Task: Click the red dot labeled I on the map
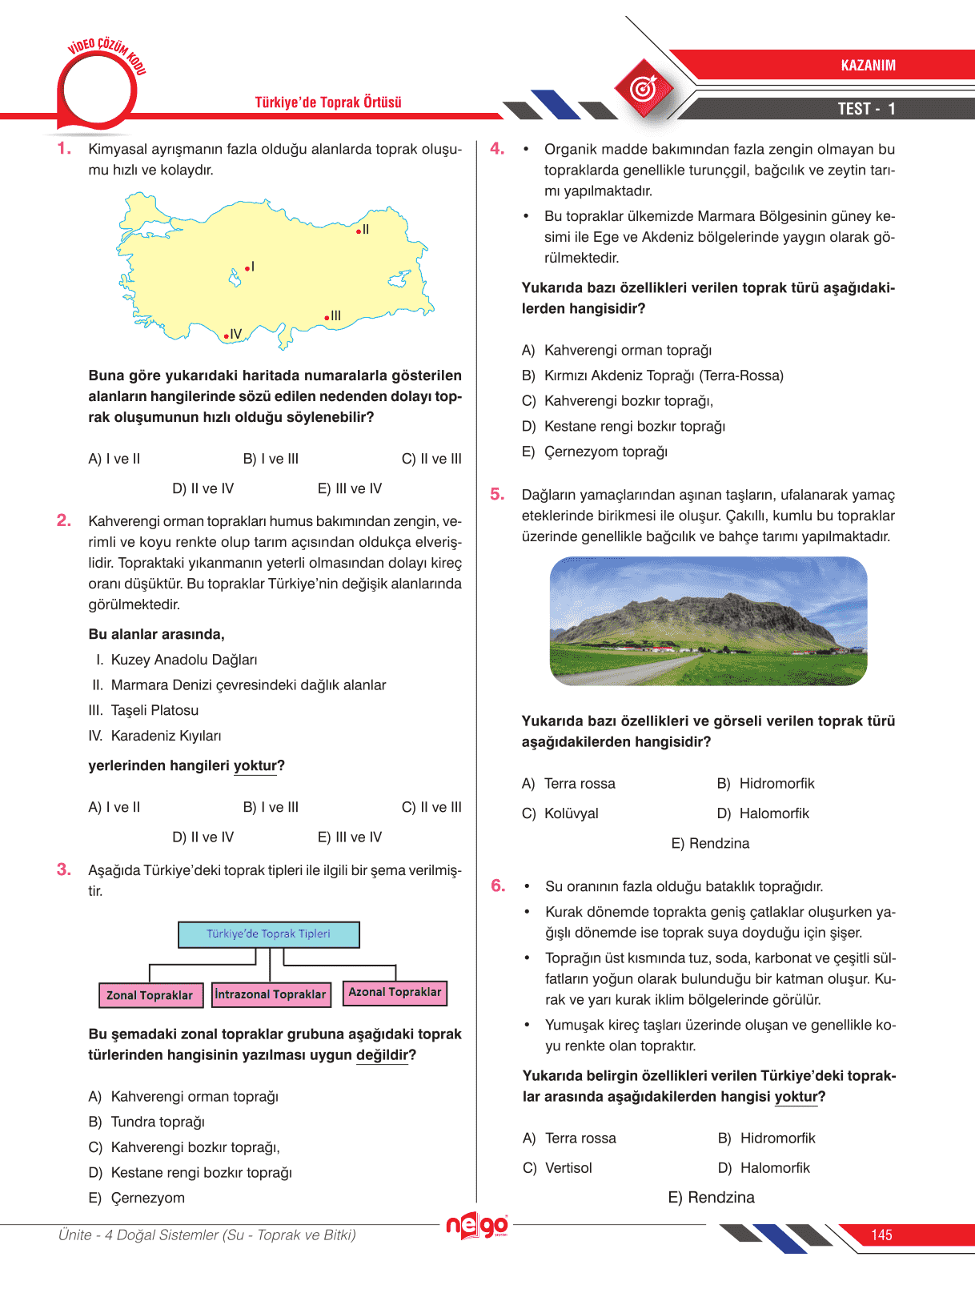coord(247,268)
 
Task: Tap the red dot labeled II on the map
coord(359,231)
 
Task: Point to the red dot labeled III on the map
coord(327,318)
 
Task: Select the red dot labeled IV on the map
coord(227,336)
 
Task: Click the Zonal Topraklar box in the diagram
coord(150,995)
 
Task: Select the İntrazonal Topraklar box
coord(271,994)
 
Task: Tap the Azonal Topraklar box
coord(395,993)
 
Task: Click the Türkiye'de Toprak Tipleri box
coord(269,934)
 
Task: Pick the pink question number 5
coord(497,495)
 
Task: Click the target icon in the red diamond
coord(644,88)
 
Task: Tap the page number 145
coord(881,1235)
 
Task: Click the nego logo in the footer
coord(477,1225)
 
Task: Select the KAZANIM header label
coord(868,66)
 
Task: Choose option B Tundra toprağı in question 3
coord(157,1122)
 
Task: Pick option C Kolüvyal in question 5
coord(571,813)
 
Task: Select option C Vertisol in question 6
coord(568,1168)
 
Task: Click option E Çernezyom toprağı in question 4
coord(605,452)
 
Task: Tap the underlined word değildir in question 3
coord(382,1055)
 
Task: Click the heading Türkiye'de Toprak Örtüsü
coord(328,102)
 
